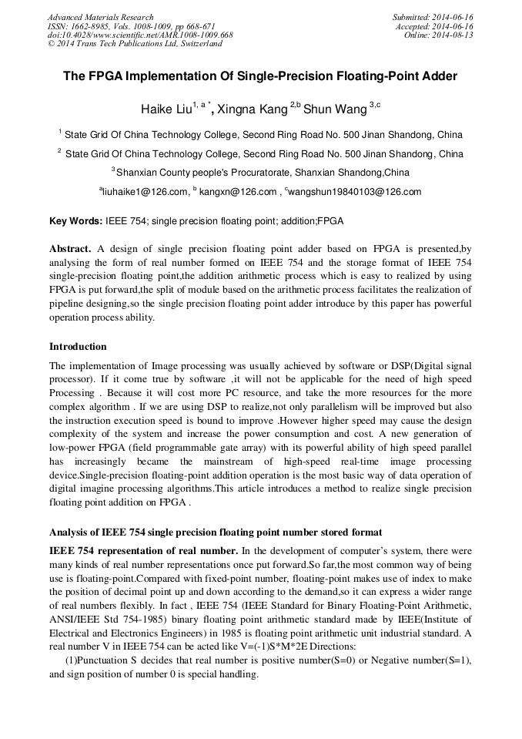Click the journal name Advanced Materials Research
[x=100, y=17]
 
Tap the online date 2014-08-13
[x=454, y=35]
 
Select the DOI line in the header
[x=140, y=35]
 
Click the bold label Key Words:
[x=75, y=221]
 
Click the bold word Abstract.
[x=70, y=249]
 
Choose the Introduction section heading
[x=78, y=346]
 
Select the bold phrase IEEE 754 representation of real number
[x=143, y=550]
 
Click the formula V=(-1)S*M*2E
[x=271, y=646]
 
